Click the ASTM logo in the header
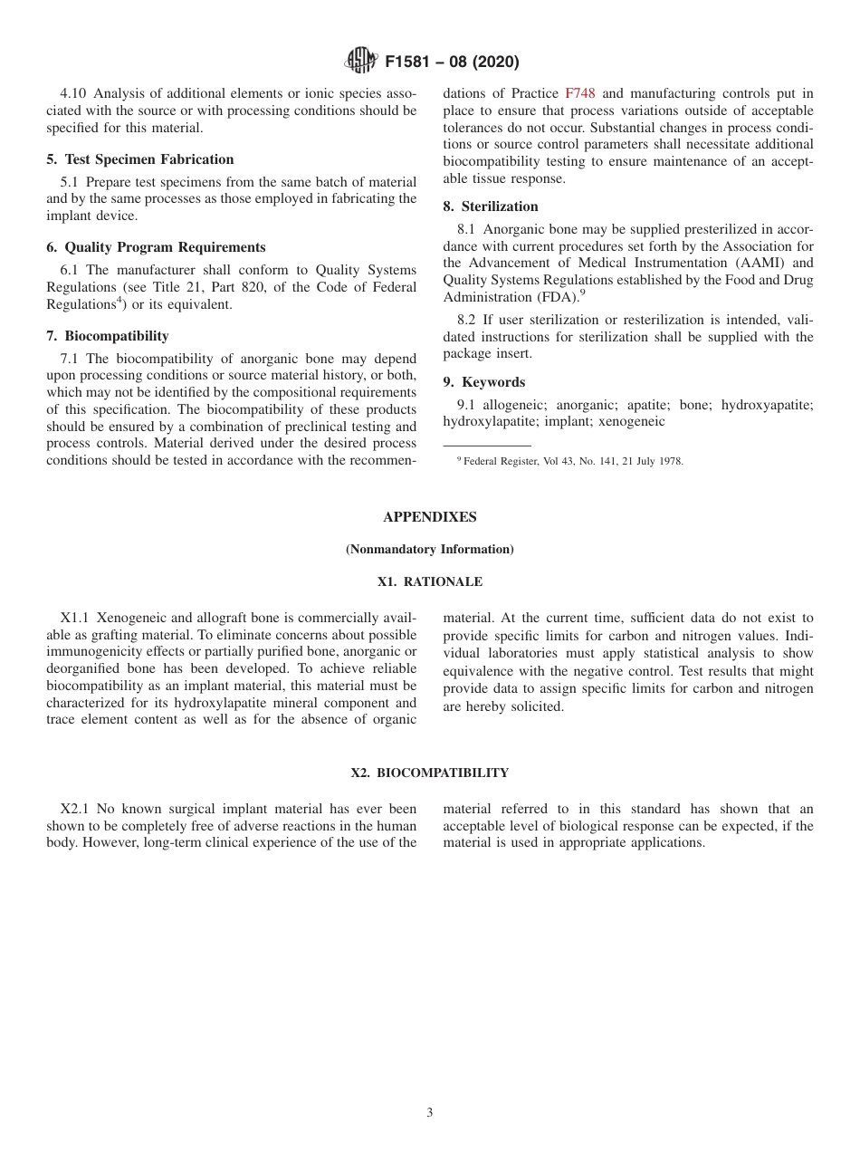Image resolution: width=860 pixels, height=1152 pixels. pos(360,62)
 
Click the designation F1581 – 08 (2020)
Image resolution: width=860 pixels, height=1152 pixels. pos(452,62)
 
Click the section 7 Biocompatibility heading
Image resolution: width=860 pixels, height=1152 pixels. pos(108,336)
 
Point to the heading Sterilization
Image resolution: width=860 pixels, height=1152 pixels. pos(491,206)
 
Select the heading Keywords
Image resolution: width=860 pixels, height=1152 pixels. pos(484,382)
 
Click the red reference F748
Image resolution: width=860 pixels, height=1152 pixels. pos(580,93)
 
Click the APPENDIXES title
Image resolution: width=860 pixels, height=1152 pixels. pos(429,517)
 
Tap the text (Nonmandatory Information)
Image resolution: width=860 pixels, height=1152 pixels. pos(429,550)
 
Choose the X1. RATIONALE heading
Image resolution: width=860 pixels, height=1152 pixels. pos(429,582)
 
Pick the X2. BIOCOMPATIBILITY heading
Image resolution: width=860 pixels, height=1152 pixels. pos(429,773)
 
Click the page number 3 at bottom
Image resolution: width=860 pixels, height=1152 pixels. pos(430,1113)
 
